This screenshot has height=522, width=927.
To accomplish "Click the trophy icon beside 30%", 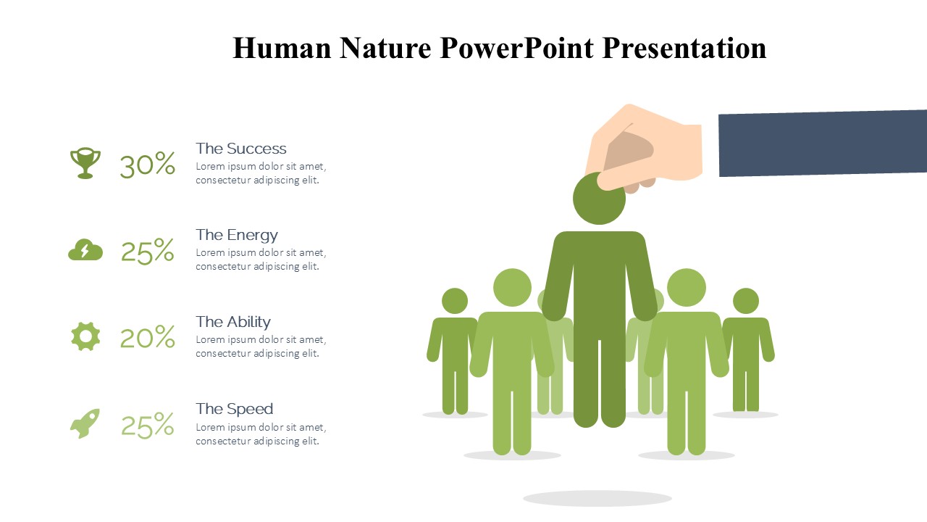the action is click(85, 163).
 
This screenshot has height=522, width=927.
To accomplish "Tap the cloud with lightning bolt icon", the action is click(85, 250).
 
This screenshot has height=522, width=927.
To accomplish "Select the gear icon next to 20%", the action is click(85, 336).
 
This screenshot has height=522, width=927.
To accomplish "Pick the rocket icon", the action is click(85, 423).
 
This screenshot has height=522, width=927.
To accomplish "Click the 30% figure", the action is click(147, 165).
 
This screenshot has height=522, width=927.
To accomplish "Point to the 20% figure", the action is click(147, 337).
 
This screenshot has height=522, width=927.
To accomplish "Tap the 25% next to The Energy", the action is click(147, 251).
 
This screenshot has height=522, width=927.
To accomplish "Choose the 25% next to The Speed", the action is click(147, 425).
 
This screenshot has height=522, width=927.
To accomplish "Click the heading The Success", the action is click(241, 149).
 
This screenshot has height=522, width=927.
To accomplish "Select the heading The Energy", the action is click(237, 236).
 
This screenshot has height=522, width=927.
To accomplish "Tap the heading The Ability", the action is click(233, 322).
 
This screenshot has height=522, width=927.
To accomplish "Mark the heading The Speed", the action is click(234, 410).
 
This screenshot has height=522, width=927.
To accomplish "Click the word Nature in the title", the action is click(385, 48).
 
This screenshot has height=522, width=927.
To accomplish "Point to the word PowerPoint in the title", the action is click(517, 48).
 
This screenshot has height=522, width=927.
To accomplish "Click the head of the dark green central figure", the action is click(598, 199).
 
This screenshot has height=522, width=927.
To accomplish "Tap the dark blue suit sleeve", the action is click(823, 143).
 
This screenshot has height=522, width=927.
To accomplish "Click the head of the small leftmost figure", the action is click(455, 301).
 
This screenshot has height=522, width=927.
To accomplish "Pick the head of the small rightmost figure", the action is click(746, 301).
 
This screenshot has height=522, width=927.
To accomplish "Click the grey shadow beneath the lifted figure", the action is click(597, 498).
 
